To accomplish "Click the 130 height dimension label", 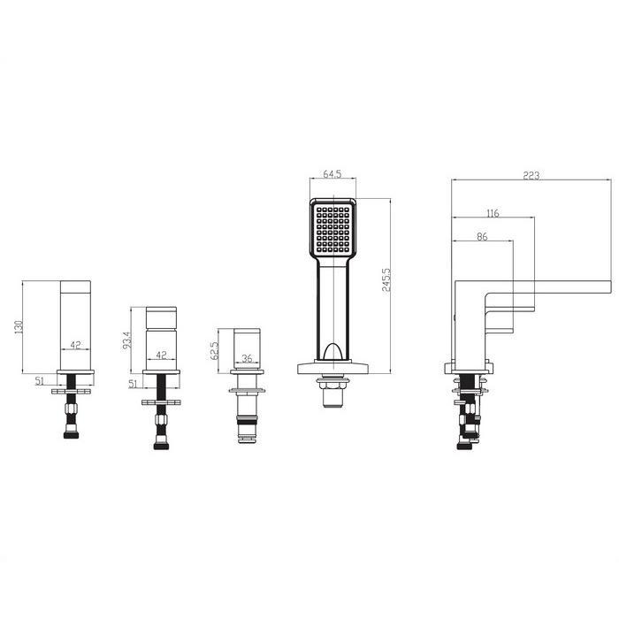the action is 19,327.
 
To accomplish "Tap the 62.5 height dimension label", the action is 214,351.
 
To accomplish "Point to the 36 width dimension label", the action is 247,358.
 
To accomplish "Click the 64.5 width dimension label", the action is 332,173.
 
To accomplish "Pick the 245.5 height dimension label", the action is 386,280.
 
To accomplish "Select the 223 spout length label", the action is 531,175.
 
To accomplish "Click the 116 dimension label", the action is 493,213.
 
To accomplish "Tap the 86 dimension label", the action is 482,236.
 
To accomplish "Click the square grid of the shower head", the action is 333,229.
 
